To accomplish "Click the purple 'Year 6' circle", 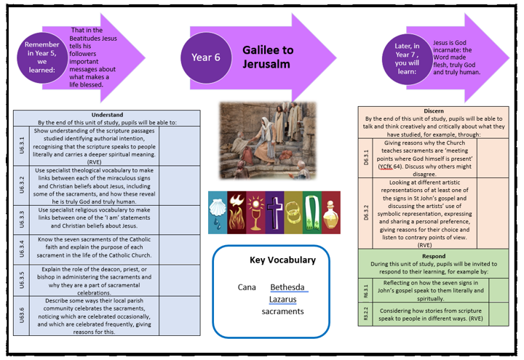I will (206, 57).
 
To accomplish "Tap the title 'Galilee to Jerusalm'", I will (268, 57).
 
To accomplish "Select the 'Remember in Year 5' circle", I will (42, 57).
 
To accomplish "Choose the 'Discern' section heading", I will (433, 111).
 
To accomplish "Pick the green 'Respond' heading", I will (433, 256).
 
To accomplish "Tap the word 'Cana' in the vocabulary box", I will (247, 287).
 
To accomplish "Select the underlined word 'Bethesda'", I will (287, 287).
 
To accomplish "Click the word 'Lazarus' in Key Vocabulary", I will (282, 299).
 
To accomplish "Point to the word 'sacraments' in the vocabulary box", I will (282, 311).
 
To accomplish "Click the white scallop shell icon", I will (218, 212).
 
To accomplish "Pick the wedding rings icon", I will (293, 212).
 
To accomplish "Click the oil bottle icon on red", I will (330, 212).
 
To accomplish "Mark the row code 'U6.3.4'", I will (22, 249).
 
